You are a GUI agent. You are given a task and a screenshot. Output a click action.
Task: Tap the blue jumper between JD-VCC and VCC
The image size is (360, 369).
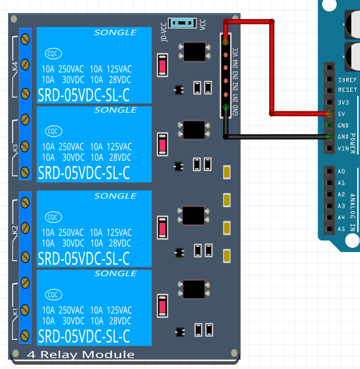(x=181, y=23)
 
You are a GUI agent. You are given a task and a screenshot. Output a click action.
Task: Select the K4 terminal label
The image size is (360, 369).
(x=15, y=67)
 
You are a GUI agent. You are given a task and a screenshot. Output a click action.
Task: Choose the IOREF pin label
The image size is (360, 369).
(x=347, y=78)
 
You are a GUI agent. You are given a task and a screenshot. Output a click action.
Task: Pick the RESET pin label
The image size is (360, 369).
(x=347, y=90)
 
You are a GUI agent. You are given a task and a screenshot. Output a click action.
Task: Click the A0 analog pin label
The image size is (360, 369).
(x=341, y=172)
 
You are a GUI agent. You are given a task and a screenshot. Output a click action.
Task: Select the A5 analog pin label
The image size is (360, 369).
(x=341, y=229)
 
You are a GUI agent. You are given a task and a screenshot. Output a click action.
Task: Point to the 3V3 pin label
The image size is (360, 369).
(x=343, y=102)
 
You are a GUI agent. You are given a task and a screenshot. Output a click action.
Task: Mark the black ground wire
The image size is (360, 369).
(x=276, y=137)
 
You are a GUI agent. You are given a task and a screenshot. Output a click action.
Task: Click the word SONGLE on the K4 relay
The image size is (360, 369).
(x=115, y=32)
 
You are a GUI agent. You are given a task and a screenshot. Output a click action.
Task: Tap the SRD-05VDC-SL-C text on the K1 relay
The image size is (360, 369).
(x=84, y=336)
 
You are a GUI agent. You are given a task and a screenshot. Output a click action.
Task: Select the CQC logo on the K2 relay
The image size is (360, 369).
(x=53, y=216)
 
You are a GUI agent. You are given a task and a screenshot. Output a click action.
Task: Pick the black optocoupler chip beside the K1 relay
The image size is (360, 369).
(x=193, y=289)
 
